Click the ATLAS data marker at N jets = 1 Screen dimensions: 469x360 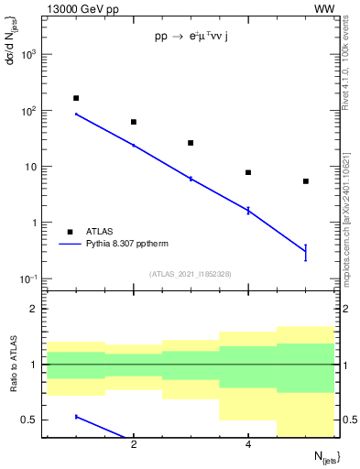pos(76,98)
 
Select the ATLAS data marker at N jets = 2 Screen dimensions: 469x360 pos(134,122)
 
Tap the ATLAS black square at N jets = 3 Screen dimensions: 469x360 pos(191,143)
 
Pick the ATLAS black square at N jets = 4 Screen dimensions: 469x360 pos(248,172)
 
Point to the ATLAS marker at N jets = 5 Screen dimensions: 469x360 pos(305,181)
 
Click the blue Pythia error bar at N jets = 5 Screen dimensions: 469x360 pos(305,253)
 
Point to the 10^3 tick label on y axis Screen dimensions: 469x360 pos(30,54)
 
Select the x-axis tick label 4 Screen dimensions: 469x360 pos(248,444)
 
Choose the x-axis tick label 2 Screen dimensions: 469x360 pos(134,444)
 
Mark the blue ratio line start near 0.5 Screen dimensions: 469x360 pos(76,417)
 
